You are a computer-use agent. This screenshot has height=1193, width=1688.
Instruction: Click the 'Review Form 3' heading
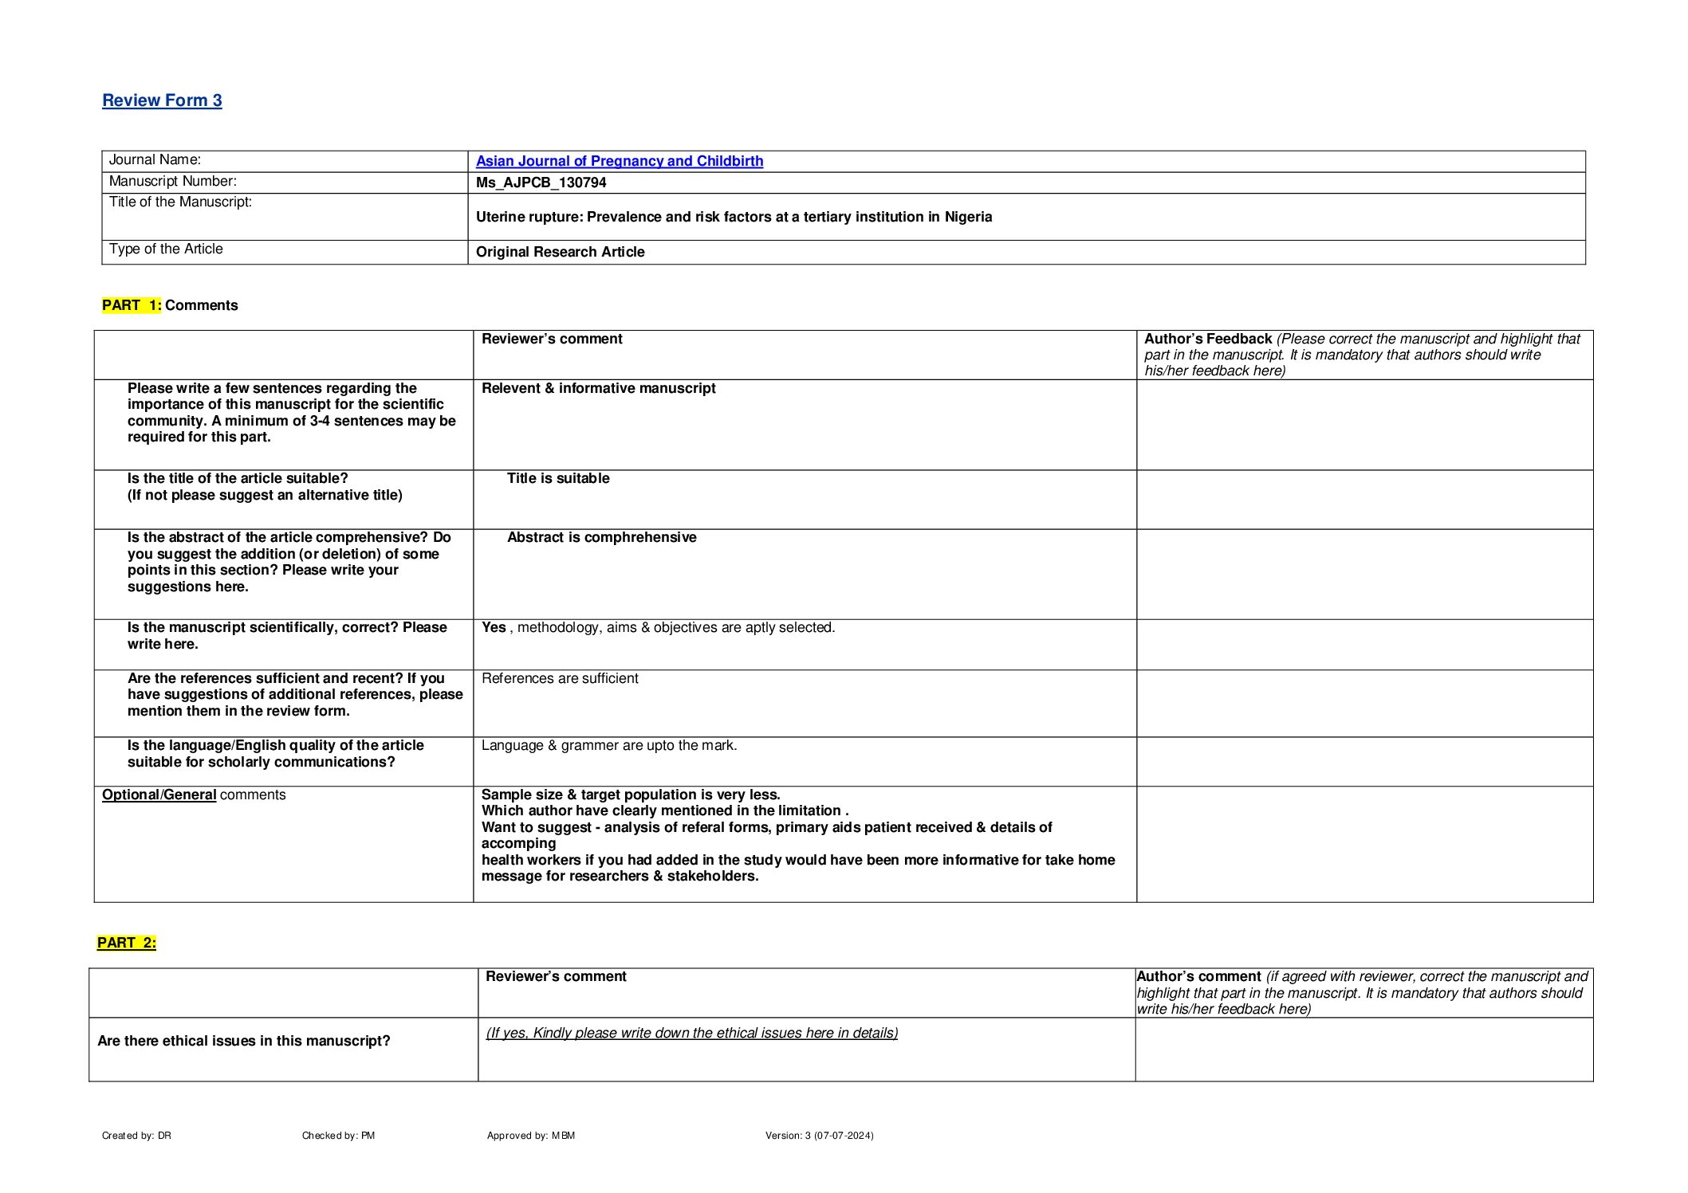point(162,100)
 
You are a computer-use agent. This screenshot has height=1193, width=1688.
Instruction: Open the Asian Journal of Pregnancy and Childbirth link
point(619,161)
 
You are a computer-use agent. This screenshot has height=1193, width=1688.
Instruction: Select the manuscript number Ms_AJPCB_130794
point(541,182)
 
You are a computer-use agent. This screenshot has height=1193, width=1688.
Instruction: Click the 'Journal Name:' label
point(155,160)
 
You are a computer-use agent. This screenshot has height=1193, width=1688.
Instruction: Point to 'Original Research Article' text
point(560,252)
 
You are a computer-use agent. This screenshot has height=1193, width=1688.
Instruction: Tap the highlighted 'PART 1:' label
point(132,305)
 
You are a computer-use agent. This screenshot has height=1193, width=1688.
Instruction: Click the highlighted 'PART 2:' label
point(127,943)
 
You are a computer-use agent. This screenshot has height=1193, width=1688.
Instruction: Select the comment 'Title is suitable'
point(558,478)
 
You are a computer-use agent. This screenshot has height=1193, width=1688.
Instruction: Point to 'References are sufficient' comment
point(560,678)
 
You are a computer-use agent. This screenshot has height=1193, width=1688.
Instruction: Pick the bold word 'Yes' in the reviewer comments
point(494,628)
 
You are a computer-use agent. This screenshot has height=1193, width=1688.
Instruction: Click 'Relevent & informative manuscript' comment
point(598,388)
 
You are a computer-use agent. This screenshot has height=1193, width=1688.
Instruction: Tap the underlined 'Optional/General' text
point(159,795)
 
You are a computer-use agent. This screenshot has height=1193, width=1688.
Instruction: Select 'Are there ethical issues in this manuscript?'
point(243,1041)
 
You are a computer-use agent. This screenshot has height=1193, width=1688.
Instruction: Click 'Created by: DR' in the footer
point(136,1136)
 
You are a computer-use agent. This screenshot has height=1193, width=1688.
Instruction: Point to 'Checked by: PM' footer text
point(338,1136)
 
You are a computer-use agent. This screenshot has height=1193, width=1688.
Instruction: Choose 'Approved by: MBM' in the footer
point(530,1136)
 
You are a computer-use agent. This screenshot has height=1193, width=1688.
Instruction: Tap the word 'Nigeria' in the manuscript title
point(968,217)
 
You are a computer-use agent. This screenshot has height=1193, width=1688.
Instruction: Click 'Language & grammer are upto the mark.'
point(609,745)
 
